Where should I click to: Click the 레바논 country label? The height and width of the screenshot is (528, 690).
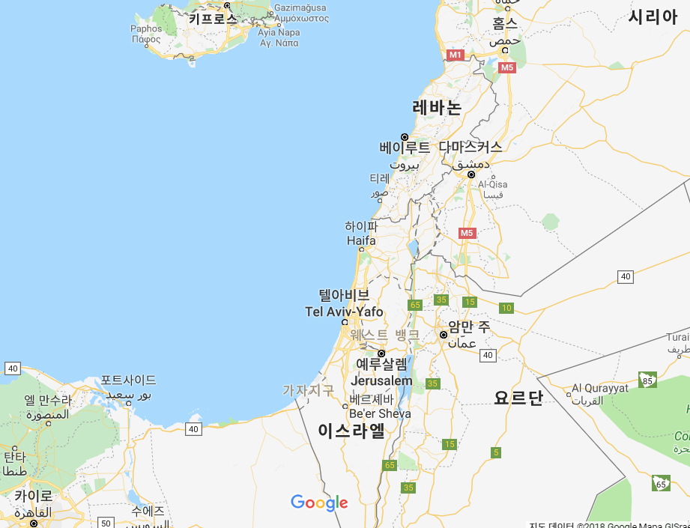tap(437, 107)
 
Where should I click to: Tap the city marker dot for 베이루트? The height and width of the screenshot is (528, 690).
tap(405, 137)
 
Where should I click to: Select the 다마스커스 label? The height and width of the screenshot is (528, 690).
tap(470, 147)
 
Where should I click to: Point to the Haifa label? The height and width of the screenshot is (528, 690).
tap(362, 240)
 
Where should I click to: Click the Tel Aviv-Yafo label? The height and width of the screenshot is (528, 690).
tap(344, 312)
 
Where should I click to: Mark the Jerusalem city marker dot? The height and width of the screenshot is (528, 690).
tap(381, 353)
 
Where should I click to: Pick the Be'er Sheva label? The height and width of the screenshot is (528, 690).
tap(380, 413)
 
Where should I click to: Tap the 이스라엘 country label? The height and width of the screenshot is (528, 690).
tap(351, 431)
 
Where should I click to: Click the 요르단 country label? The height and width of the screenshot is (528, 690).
tap(518, 398)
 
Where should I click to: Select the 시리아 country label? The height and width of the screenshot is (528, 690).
tap(653, 16)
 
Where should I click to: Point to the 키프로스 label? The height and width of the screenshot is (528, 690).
tap(213, 18)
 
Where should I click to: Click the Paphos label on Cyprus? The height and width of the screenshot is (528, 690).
tap(145, 29)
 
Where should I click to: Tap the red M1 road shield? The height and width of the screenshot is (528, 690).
tap(456, 55)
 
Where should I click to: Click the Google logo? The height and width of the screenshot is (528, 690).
tap(319, 503)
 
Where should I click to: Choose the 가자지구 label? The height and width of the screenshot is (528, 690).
tap(308, 390)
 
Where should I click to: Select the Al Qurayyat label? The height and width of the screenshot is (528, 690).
tap(600, 389)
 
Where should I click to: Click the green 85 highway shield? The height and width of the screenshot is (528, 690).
tap(648, 380)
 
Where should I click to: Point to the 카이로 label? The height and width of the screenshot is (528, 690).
tap(33, 496)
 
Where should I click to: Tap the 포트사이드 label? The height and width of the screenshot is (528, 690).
tap(129, 380)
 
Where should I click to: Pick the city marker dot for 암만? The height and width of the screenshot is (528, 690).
tap(444, 335)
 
